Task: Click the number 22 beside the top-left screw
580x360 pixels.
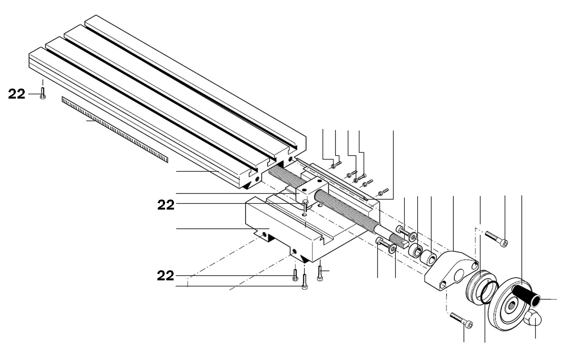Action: (x=17, y=94)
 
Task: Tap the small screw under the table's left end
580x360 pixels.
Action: (x=43, y=93)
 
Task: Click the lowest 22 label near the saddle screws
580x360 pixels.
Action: (x=165, y=276)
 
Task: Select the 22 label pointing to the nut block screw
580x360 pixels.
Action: (x=166, y=205)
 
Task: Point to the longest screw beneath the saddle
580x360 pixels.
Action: (x=305, y=282)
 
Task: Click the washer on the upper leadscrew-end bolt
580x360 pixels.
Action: (x=413, y=236)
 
